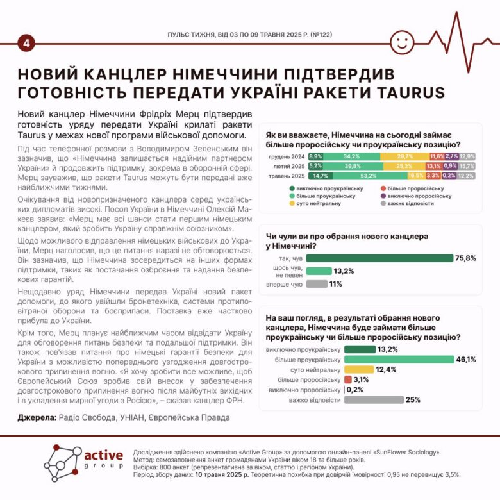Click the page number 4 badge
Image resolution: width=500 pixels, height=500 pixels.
coord(27,43)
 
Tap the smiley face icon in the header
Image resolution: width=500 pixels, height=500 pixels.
coord(402,44)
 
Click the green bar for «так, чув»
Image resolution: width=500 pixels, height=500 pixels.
coord(379,258)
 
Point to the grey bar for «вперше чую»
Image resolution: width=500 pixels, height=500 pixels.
coord(317,283)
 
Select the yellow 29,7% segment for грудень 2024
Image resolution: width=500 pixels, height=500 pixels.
coord(404,156)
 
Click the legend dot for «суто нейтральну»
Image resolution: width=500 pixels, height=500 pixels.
coord(292,203)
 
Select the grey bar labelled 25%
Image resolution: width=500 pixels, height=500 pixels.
coord(374,399)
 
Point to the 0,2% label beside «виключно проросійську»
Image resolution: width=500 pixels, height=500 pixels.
coord(355,389)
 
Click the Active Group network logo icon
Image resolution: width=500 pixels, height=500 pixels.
coord(62,463)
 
